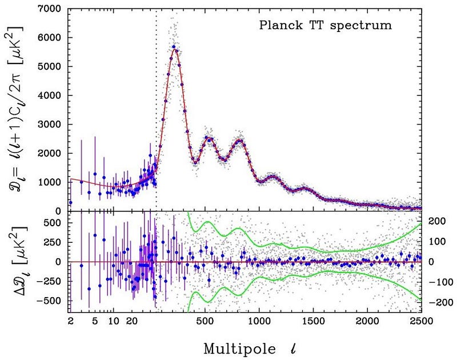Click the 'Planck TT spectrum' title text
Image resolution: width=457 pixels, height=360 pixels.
click(x=325, y=25)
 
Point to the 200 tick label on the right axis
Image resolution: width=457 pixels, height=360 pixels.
click(x=434, y=221)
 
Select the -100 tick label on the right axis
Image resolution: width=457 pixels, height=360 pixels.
click(x=432, y=282)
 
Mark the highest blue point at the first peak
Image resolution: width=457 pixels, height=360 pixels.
click(x=173, y=47)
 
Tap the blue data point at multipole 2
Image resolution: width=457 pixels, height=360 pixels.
click(x=70, y=202)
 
